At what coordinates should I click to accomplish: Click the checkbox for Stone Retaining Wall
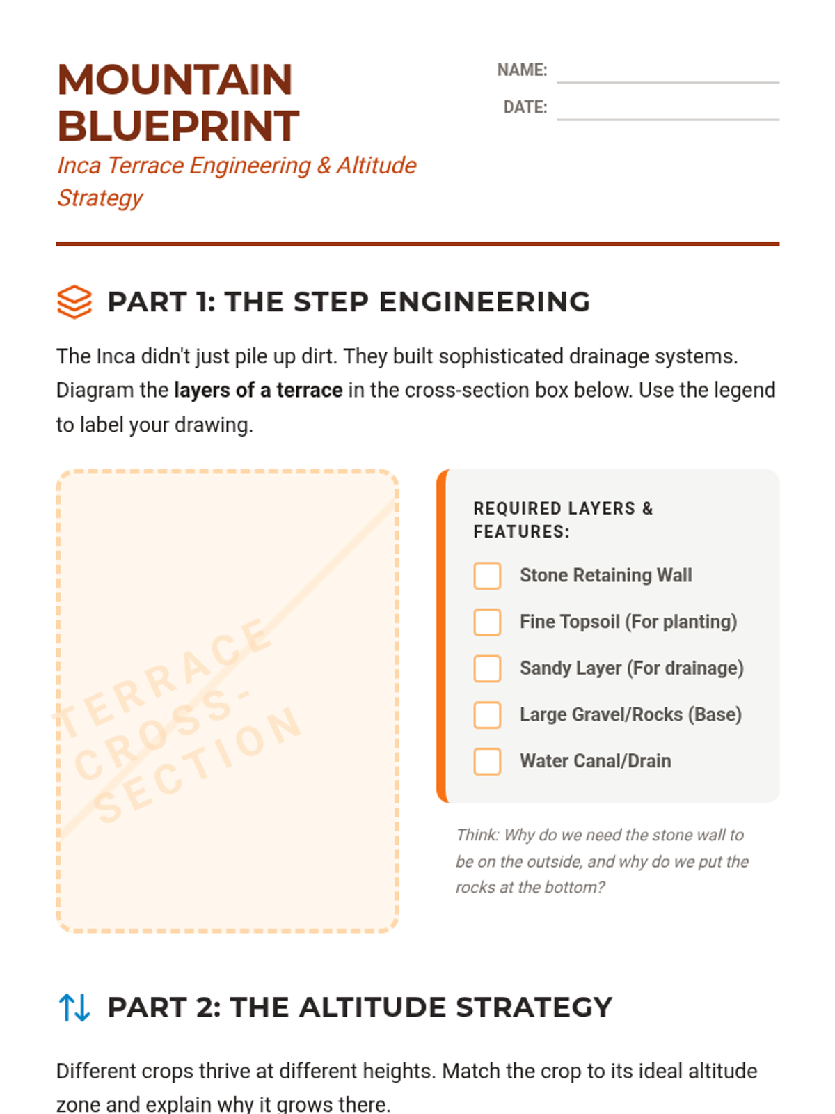pyautogui.click(x=487, y=576)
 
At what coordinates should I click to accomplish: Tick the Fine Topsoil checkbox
pyautogui.click(x=487, y=622)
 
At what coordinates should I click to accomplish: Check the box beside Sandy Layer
pyautogui.click(x=487, y=668)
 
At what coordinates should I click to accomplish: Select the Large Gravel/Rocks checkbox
pyautogui.click(x=487, y=715)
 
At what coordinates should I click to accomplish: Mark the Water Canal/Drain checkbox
pyautogui.click(x=487, y=761)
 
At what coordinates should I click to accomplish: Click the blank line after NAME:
pyautogui.click(x=668, y=82)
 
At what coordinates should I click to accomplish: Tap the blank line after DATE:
pyautogui.click(x=668, y=120)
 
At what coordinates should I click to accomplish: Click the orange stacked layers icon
pyautogui.click(x=74, y=302)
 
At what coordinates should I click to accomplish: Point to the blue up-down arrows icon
pyautogui.click(x=74, y=1007)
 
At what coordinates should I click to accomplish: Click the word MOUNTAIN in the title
pyautogui.click(x=175, y=79)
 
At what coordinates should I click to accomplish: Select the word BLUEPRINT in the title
pyautogui.click(x=178, y=126)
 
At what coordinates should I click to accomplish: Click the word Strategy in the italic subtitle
pyautogui.click(x=100, y=198)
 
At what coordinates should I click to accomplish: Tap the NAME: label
pyautogui.click(x=522, y=70)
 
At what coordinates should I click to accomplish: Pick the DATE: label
pyautogui.click(x=525, y=108)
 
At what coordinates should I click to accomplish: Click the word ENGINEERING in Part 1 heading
pyautogui.click(x=485, y=302)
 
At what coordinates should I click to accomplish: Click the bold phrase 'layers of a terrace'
pyautogui.click(x=259, y=391)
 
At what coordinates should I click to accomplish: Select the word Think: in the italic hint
pyautogui.click(x=477, y=835)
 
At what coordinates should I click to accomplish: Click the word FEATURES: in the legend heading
pyautogui.click(x=522, y=532)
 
